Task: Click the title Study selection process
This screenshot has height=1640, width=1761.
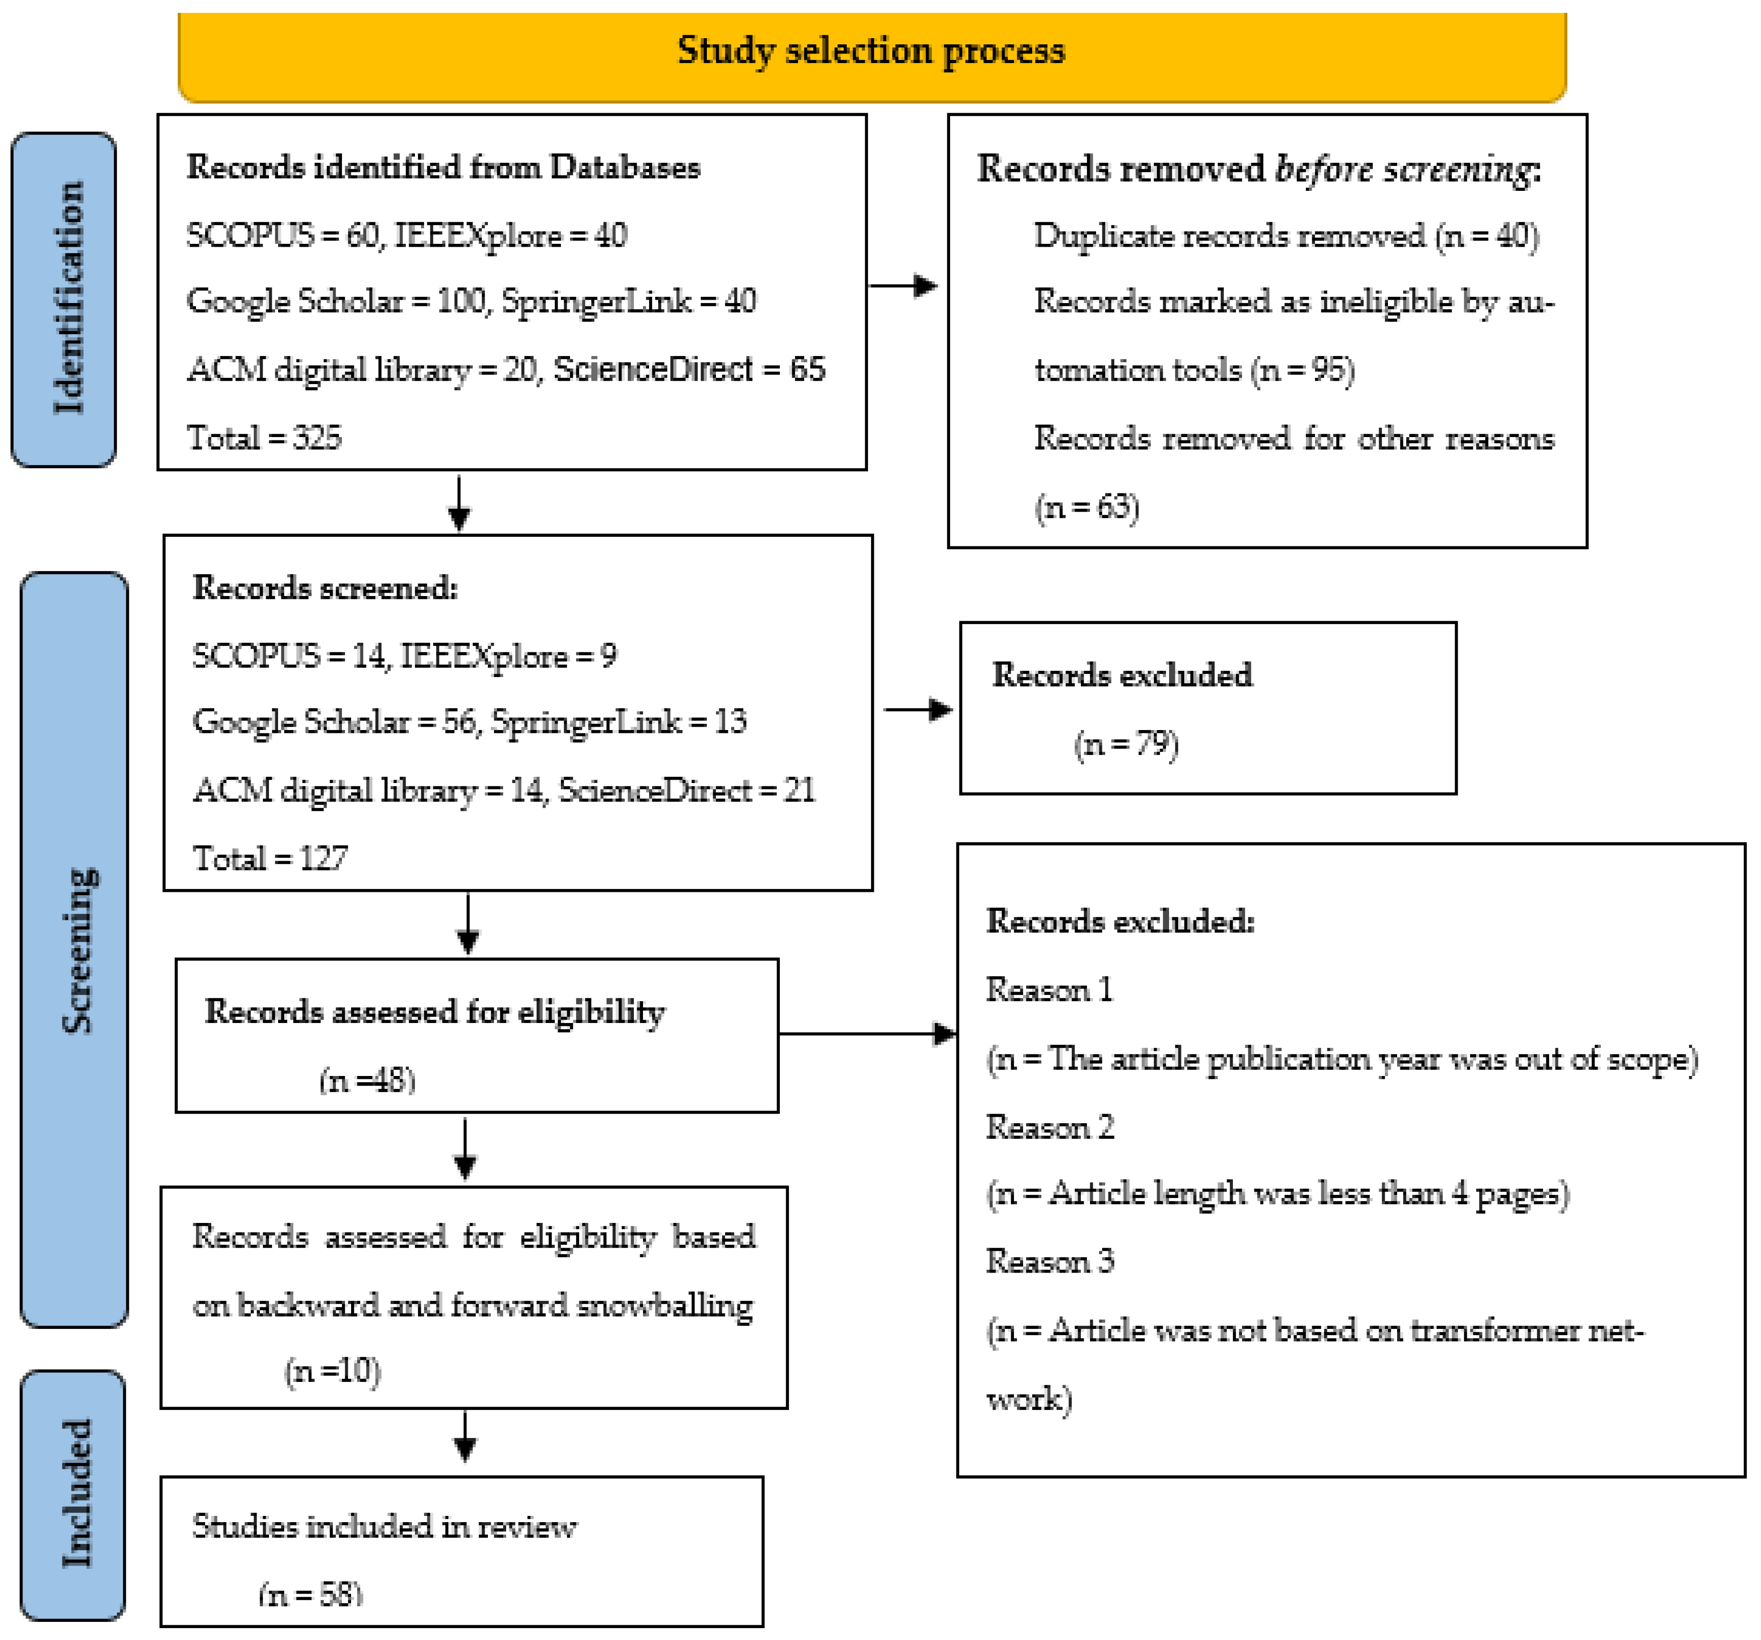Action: [x=871, y=51]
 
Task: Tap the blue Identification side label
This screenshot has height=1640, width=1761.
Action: [x=64, y=300]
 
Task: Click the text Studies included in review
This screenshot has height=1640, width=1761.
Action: [x=383, y=1525]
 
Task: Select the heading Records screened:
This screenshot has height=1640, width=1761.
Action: [x=325, y=587]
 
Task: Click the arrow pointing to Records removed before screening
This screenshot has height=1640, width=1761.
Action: [x=903, y=285]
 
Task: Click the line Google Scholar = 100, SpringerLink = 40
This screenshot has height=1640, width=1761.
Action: [x=471, y=301]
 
